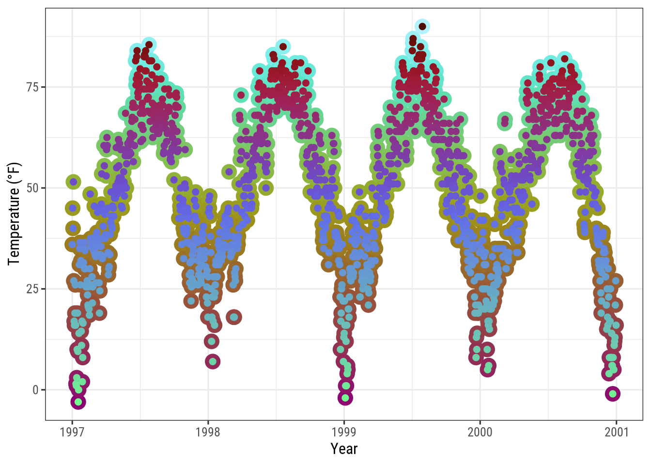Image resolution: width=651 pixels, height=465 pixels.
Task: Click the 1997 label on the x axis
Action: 72,432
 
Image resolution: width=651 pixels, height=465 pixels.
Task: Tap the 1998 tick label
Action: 208,432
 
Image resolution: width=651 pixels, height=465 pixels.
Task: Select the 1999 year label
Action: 344,432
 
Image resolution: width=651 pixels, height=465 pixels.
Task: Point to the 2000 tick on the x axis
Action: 480,432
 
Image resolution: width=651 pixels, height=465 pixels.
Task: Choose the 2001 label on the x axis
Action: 616,432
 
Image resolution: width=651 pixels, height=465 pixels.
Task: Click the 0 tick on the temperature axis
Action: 35,390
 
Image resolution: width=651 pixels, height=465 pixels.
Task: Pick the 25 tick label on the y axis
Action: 32,289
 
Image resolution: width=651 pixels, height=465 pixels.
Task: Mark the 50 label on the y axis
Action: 32,188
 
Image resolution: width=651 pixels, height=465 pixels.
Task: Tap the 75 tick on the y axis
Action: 32,87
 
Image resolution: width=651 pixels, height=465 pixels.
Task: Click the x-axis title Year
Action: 344,449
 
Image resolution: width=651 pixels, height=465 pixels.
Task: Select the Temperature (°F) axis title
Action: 15,214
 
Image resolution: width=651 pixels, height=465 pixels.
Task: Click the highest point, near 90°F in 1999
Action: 422,27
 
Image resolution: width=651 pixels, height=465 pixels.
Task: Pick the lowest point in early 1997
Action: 78,402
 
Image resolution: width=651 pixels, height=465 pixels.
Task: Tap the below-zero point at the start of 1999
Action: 345,398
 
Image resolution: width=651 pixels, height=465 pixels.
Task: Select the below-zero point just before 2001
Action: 613,394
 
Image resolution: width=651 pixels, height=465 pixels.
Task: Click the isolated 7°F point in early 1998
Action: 212,361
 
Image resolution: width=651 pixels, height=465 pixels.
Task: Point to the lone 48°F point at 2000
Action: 480,196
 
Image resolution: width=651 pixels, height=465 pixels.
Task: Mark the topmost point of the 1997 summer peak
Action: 149,45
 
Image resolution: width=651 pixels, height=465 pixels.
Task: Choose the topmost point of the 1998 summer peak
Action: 283,47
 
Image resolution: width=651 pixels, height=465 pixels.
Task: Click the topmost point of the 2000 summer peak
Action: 564,59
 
